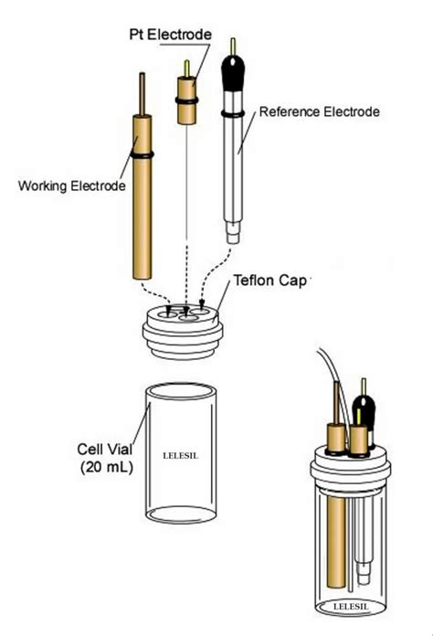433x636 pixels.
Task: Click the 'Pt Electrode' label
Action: pyautogui.click(x=169, y=34)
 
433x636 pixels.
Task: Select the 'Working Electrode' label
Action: pyautogui.click(x=71, y=187)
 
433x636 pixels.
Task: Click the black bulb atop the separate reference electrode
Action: pyautogui.click(x=237, y=71)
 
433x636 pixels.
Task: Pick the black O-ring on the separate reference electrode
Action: pyautogui.click(x=235, y=114)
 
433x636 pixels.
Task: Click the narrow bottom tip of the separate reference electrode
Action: pyautogui.click(x=235, y=238)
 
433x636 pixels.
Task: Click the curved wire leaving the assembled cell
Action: pyautogui.click(x=325, y=366)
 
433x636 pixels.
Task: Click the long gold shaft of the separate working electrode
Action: pyautogui.click(x=143, y=219)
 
